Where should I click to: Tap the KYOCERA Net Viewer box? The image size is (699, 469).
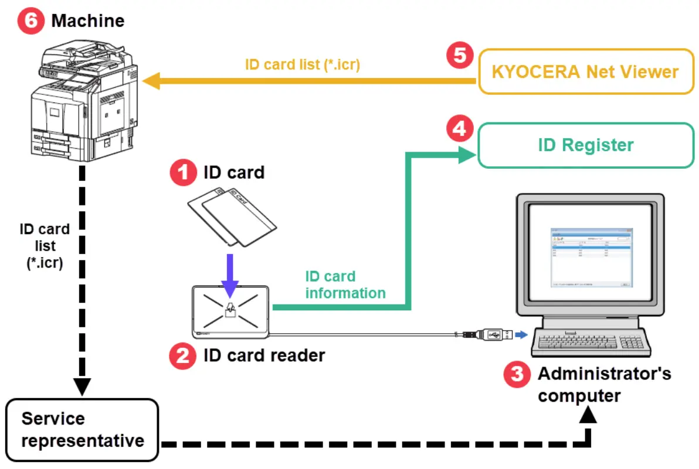coord(585,71)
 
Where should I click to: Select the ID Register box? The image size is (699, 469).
coord(585,145)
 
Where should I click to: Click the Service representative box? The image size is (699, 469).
coord(83,429)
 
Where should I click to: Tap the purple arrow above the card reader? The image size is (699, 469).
coord(230,275)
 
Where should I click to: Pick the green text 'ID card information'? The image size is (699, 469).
coord(345,285)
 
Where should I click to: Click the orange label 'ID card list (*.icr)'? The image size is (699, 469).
coord(302,64)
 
